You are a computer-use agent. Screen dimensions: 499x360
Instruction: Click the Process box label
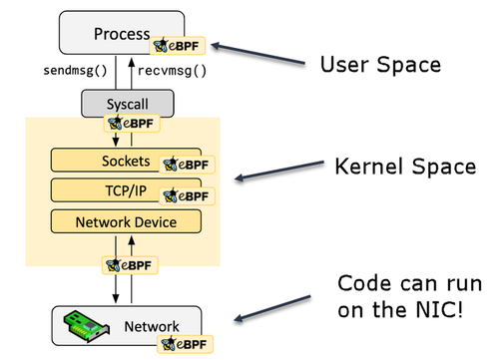coord(122,34)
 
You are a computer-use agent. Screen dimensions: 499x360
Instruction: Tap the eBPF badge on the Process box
coord(177,46)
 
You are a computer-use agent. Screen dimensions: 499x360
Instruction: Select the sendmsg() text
coord(75,71)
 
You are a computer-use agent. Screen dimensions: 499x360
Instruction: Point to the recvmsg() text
coord(172,71)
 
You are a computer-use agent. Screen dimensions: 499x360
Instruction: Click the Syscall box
coord(128,104)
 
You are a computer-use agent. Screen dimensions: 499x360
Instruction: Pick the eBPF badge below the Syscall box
coord(132,124)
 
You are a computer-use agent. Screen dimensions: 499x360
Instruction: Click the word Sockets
coord(126,161)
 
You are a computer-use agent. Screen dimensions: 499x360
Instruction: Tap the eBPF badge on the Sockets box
coord(187,165)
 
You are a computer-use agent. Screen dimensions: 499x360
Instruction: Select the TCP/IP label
coord(126,190)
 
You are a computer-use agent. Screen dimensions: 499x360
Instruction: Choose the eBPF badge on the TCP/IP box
coord(187,196)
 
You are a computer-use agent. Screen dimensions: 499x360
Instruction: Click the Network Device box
coord(126,221)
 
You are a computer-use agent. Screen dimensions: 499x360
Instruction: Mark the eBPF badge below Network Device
coord(130,265)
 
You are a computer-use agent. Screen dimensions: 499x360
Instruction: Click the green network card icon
coord(87,326)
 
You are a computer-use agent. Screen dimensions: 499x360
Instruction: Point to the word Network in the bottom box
coord(152,326)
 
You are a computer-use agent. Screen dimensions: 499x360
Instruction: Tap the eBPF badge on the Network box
coord(185,344)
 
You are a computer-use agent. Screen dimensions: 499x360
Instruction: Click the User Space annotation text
coord(380,65)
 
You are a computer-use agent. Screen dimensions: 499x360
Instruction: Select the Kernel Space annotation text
coord(405,167)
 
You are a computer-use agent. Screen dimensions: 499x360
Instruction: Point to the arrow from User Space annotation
coord(257,54)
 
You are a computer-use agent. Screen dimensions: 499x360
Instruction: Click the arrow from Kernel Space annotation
coord(279,171)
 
